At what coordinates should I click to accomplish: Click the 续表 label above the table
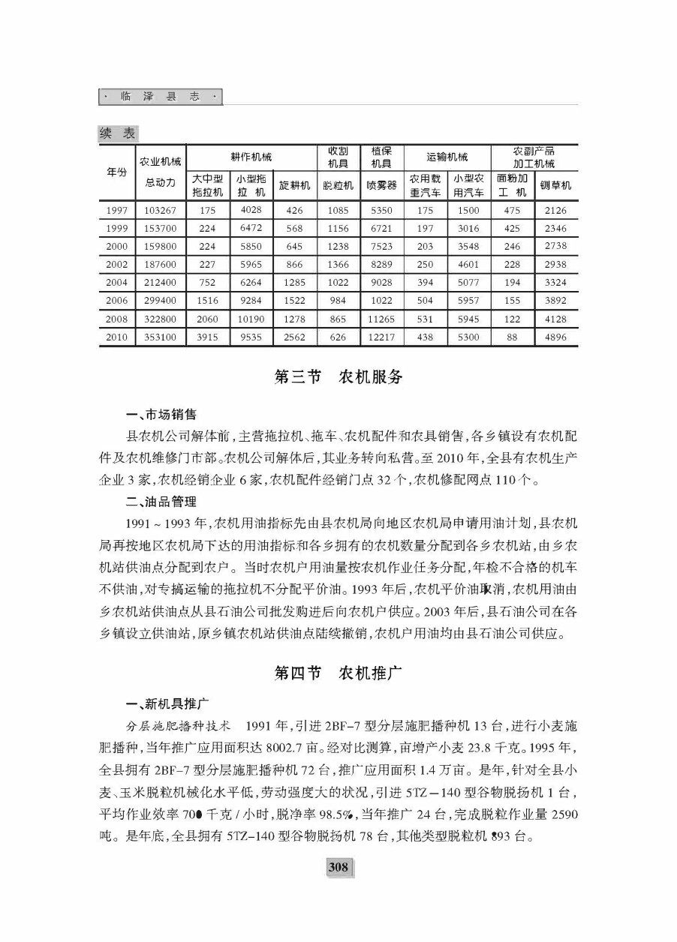(118, 133)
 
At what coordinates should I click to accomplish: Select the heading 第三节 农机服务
(338, 376)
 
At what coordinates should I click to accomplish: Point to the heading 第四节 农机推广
(338, 672)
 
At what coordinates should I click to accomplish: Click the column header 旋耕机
(294, 185)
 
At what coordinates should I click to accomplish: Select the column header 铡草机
(555, 185)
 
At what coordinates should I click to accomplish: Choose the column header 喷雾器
(381, 185)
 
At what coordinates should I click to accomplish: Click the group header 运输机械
(447, 157)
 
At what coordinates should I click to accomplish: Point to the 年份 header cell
(116, 172)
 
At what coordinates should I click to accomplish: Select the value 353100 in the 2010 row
(160, 337)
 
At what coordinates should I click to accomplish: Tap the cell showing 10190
(251, 319)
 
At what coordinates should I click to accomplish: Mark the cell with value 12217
(381, 337)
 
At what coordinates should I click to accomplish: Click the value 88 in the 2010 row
(512, 337)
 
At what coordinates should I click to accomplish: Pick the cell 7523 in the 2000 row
(381, 247)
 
